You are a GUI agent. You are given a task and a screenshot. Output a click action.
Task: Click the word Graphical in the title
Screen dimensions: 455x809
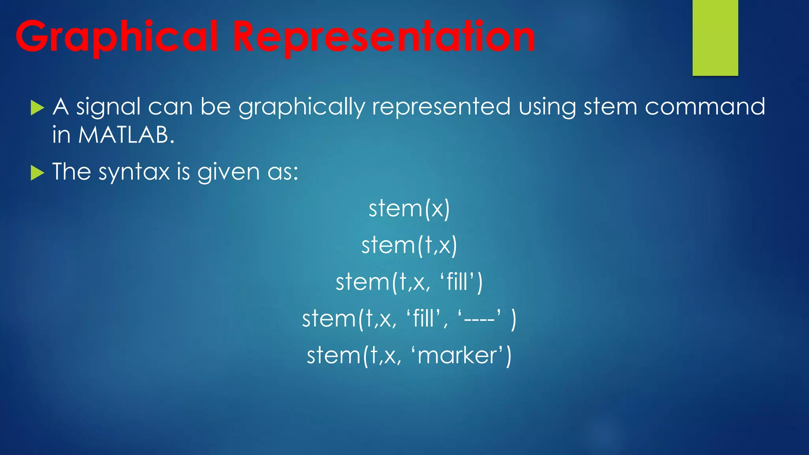(x=117, y=38)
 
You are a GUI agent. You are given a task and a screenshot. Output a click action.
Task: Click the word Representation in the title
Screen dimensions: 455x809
(x=383, y=38)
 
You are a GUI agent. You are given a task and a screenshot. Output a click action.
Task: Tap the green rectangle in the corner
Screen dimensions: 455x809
(x=715, y=38)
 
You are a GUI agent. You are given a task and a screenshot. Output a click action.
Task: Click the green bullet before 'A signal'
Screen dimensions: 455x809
(x=37, y=108)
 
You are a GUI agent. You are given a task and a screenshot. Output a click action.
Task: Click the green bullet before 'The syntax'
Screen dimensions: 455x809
(x=37, y=173)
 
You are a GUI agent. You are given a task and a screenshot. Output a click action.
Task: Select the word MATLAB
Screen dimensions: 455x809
(x=126, y=135)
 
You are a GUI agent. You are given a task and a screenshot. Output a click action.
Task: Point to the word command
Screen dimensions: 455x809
(x=705, y=107)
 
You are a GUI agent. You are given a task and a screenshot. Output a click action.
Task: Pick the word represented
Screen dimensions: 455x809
(x=441, y=107)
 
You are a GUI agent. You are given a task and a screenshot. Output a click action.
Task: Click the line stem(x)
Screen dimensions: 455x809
(x=409, y=209)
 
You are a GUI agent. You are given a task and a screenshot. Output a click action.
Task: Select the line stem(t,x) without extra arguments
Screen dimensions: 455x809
(x=409, y=245)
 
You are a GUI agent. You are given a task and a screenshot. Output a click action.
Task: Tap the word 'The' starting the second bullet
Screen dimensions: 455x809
(x=71, y=172)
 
